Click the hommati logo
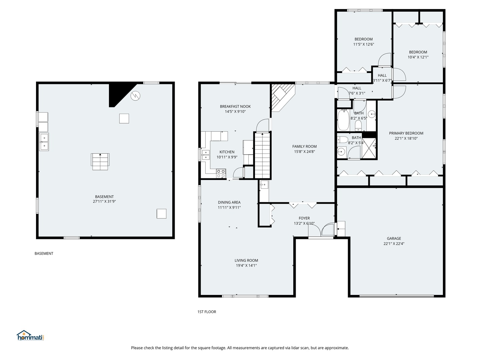tap(30, 335)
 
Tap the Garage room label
tap(394, 238)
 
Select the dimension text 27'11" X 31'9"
tap(104, 202)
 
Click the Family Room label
tap(304, 146)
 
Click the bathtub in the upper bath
tap(343, 120)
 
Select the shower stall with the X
tap(369, 148)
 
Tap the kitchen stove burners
tap(221, 173)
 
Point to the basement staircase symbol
tap(100, 162)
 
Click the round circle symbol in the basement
tap(135, 96)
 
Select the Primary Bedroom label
tap(406, 133)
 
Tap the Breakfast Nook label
tap(235, 106)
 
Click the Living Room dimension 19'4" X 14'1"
tap(246, 266)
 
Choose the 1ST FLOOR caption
tap(207, 312)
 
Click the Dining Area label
tap(229, 202)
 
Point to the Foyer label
tap(304, 218)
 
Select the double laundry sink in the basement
tap(44, 142)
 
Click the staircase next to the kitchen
tap(262, 155)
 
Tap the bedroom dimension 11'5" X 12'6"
tap(363, 44)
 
